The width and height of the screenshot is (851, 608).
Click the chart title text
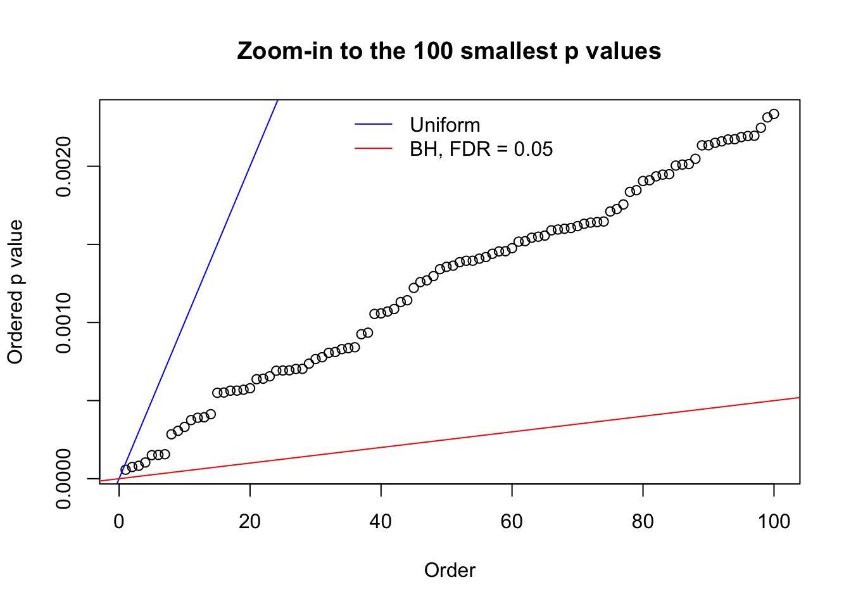[x=449, y=51]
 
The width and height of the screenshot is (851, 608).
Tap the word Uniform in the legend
[x=444, y=125]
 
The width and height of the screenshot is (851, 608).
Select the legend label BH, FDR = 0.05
[x=481, y=149]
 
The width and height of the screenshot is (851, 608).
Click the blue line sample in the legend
[x=374, y=125]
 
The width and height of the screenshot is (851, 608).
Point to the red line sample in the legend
[x=374, y=149]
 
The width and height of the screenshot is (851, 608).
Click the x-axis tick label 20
[x=250, y=522]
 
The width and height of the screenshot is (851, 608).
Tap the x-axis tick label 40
[x=381, y=522]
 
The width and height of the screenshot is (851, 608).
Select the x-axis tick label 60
[x=512, y=522]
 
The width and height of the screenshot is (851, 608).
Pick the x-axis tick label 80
[x=643, y=522]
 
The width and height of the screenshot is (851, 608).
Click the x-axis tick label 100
[x=774, y=522]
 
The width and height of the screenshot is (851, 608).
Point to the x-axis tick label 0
[x=119, y=522]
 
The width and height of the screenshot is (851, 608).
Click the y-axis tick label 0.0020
[x=64, y=167]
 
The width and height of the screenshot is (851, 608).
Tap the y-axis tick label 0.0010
[x=64, y=322]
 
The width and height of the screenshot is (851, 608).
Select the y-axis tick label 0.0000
[x=64, y=479]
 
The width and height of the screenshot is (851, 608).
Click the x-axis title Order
[x=450, y=571]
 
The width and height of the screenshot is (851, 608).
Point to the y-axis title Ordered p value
[x=15, y=292]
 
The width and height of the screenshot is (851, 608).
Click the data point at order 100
[x=774, y=114]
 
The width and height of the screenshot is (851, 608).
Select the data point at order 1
[x=125, y=470]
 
